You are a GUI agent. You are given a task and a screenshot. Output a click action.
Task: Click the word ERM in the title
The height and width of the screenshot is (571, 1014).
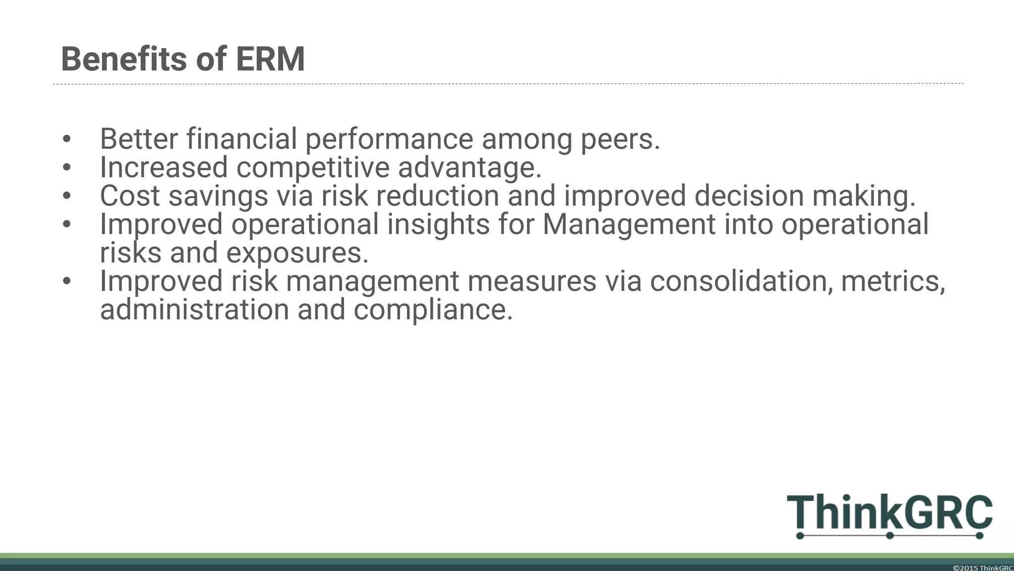click(x=270, y=59)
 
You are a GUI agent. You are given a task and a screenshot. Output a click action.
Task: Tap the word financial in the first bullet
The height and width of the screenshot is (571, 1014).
click(x=241, y=139)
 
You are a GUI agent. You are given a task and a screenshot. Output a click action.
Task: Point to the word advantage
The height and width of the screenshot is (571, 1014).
click(x=469, y=168)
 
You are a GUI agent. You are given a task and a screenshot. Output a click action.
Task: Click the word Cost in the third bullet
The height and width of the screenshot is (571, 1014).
click(x=130, y=196)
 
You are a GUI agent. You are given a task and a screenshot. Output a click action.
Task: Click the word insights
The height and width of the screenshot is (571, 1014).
click(x=438, y=224)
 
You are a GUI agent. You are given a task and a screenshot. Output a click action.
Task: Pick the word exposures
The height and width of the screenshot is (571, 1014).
click(x=297, y=253)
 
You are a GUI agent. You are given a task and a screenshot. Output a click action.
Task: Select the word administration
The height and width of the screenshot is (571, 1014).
click(x=194, y=310)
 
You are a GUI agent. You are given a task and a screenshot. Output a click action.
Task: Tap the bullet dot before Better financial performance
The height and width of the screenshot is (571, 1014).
click(x=67, y=140)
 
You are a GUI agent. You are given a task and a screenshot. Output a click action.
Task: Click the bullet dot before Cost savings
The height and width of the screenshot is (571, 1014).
click(x=67, y=196)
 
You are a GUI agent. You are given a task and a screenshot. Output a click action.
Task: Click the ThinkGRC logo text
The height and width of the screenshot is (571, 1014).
click(x=889, y=512)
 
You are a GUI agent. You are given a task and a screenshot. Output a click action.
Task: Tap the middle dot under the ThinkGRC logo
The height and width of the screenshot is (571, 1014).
click(x=889, y=535)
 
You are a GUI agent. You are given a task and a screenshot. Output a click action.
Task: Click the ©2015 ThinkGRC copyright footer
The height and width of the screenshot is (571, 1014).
click(x=983, y=568)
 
